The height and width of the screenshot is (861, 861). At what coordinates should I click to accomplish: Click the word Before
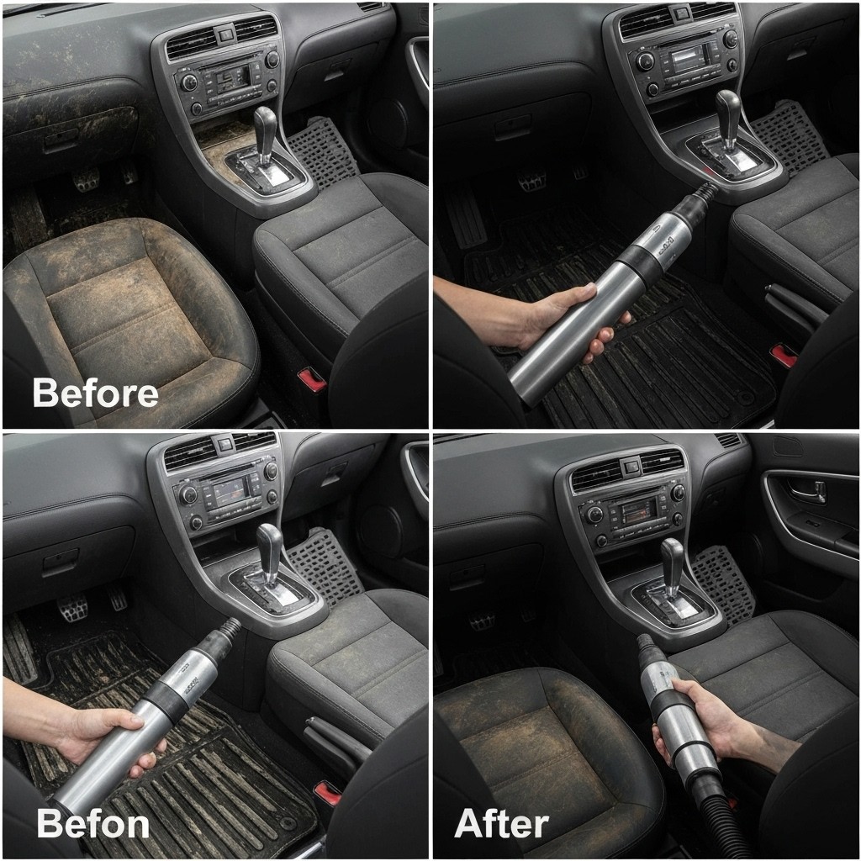coord(96,393)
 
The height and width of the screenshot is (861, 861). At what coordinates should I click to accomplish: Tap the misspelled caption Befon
coord(92,824)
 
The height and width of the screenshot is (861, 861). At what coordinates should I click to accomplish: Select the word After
coord(501,824)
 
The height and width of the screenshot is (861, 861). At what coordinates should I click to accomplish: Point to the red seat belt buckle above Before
coord(313,380)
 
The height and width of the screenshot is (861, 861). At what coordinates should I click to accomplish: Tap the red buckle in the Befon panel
coord(327,794)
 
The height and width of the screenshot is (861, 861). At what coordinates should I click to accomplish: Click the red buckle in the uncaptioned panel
coord(784,356)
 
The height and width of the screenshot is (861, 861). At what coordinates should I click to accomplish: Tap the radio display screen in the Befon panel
coord(230,490)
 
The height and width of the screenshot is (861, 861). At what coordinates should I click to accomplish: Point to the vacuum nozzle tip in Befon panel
coord(233,625)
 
